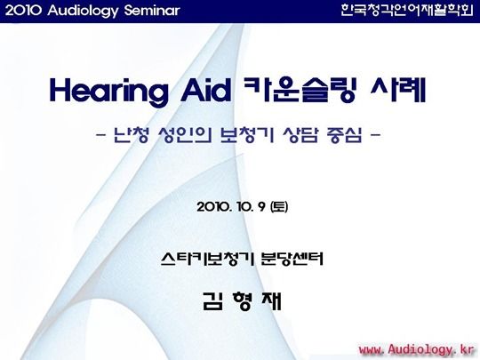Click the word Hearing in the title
pyautogui.click(x=109, y=92)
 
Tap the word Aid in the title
pyautogui.click(x=205, y=91)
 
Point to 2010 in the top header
pyautogui.click(x=23, y=11)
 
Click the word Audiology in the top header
pyautogui.click(x=83, y=12)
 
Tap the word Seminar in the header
pyautogui.click(x=152, y=11)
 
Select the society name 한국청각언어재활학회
pyautogui.click(x=407, y=11)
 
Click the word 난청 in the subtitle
pyautogui.click(x=131, y=135)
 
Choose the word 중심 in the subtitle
pyautogui.click(x=344, y=135)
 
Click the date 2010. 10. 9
pyautogui.click(x=231, y=207)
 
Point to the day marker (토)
pyautogui.click(x=279, y=207)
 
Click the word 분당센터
pyautogui.click(x=292, y=259)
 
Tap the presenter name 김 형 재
pyautogui.click(x=242, y=301)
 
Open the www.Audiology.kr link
pyautogui.click(x=416, y=349)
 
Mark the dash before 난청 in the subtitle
pyautogui.click(x=100, y=135)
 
